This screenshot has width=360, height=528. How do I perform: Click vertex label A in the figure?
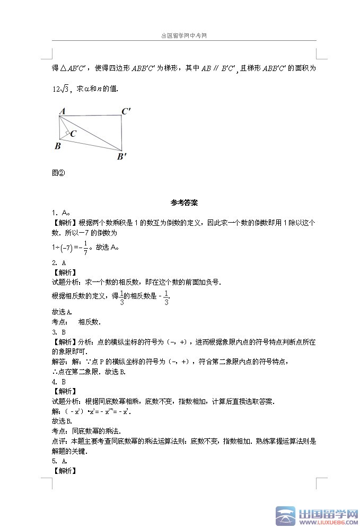(62, 111)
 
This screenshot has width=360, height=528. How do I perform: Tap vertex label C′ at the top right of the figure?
(126, 111)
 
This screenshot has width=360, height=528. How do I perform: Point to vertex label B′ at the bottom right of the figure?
(122, 156)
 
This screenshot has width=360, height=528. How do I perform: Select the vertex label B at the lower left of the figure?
(57, 146)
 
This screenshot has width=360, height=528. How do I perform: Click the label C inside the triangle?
(73, 134)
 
